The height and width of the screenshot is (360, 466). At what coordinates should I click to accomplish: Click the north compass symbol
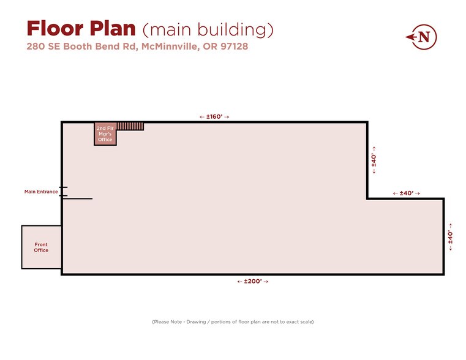(x=421, y=37)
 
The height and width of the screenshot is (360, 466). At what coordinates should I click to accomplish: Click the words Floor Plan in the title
(x=81, y=29)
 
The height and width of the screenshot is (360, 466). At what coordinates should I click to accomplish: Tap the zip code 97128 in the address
(x=234, y=47)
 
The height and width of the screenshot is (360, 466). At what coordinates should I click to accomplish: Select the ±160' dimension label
(x=214, y=117)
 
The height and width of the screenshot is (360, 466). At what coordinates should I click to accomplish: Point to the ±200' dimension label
(x=253, y=281)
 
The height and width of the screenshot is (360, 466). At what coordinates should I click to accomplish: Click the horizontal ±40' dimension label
(x=406, y=193)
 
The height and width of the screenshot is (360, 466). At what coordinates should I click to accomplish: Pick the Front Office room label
(x=41, y=247)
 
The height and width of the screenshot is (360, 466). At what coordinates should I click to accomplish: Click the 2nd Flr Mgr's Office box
(x=105, y=134)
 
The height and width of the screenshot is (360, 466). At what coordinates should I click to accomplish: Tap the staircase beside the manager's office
(x=130, y=126)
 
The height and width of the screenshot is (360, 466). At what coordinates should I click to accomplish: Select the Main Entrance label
(x=41, y=192)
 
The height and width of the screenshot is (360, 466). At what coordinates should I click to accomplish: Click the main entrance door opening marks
(x=64, y=192)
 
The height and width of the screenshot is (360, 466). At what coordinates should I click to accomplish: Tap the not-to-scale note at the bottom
(x=233, y=321)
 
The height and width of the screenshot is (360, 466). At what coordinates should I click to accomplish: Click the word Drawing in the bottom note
(x=196, y=321)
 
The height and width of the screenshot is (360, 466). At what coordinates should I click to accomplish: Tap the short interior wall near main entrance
(x=78, y=199)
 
